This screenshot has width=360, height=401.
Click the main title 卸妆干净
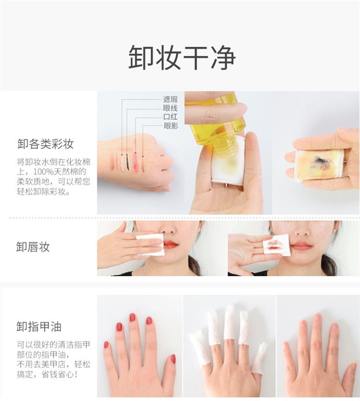pyautogui.click(x=182, y=58)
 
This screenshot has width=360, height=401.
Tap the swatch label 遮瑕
pyautogui.click(x=170, y=99)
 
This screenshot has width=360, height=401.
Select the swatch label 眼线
pyautogui.click(x=170, y=108)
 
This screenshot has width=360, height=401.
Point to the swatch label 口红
pyautogui.click(x=170, y=117)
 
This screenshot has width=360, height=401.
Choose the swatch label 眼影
pyautogui.click(x=171, y=125)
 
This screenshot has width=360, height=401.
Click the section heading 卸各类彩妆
pyautogui.click(x=46, y=144)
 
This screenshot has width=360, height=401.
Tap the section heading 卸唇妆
pyautogui.click(x=33, y=247)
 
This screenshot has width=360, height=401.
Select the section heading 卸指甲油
pyautogui.click(x=39, y=327)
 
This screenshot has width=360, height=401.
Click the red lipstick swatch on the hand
pyautogui.click(x=136, y=163)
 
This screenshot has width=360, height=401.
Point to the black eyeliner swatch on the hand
pyautogui.click(x=128, y=163)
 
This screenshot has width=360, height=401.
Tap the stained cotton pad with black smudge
pyautogui.click(x=319, y=165)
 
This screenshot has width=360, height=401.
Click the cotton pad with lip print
pyautogui.click(x=276, y=245)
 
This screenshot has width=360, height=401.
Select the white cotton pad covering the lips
pyautogui.click(x=150, y=245)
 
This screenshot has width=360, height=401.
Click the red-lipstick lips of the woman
pyautogui.click(x=170, y=245)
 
